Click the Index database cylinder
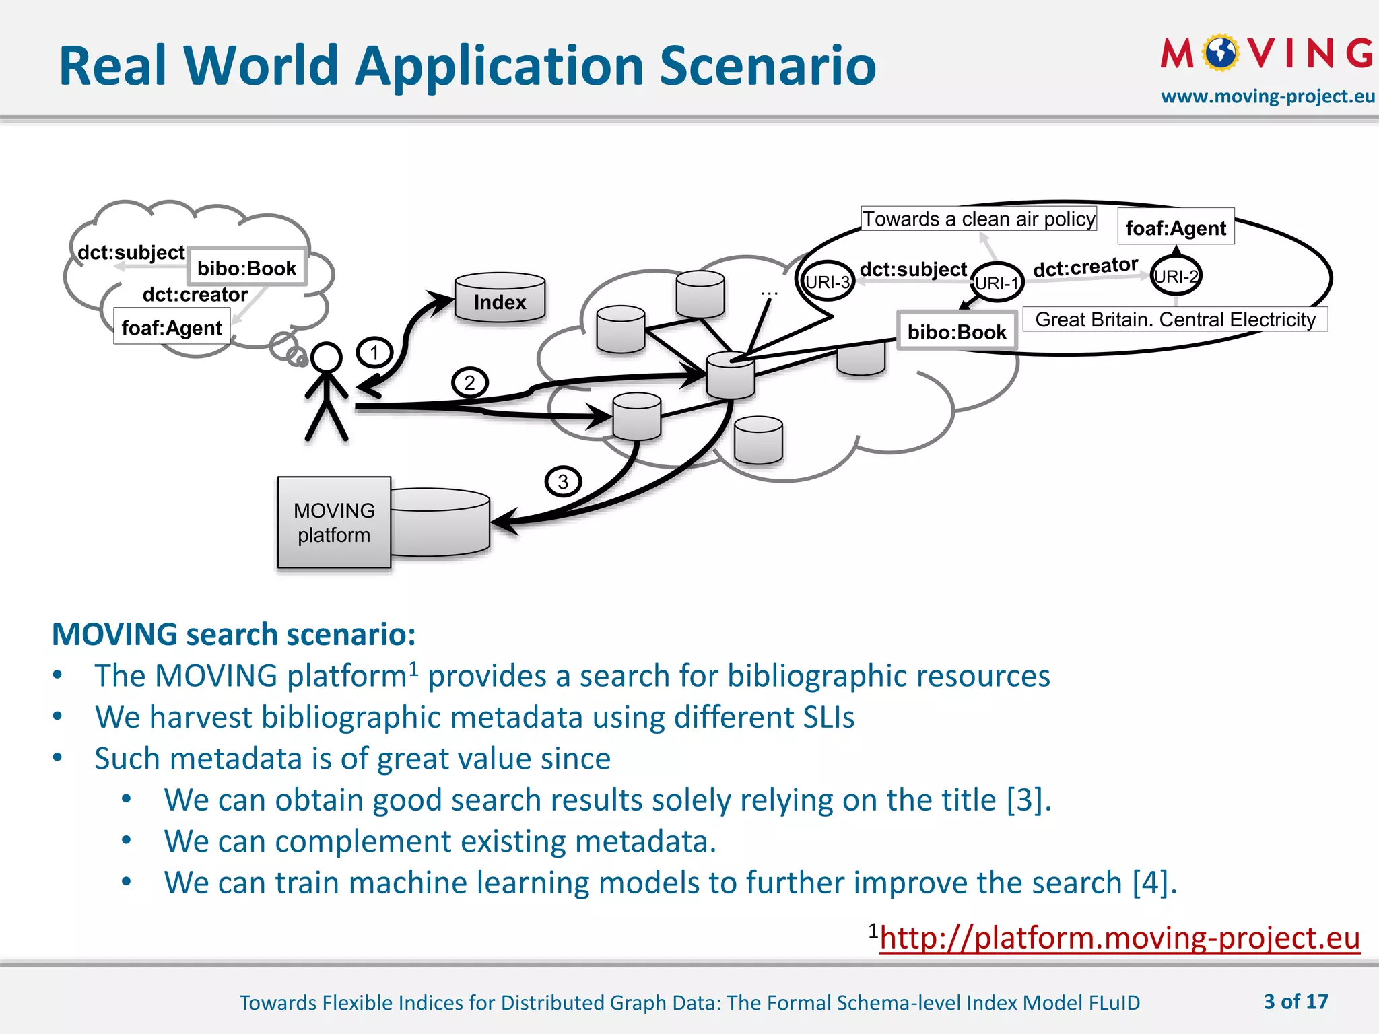[x=500, y=298]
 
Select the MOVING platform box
[x=334, y=522]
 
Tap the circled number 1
[x=374, y=352]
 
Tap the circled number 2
[x=469, y=383]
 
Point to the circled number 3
[x=563, y=481]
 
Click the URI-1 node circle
[x=997, y=283]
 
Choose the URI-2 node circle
[x=1176, y=276]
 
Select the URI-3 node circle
[x=828, y=281]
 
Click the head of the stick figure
[x=327, y=357]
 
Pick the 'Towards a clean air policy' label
[x=979, y=219]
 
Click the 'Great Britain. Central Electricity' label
[x=1175, y=319]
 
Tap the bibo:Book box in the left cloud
[x=246, y=267]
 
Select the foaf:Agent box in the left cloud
[x=172, y=327]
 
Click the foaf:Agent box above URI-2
[x=1176, y=228]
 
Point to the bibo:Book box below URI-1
[x=957, y=331]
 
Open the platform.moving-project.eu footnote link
[x=1120, y=937]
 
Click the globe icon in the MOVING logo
[x=1221, y=53]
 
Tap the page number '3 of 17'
[x=1296, y=1002]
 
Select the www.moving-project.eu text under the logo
[x=1268, y=96]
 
